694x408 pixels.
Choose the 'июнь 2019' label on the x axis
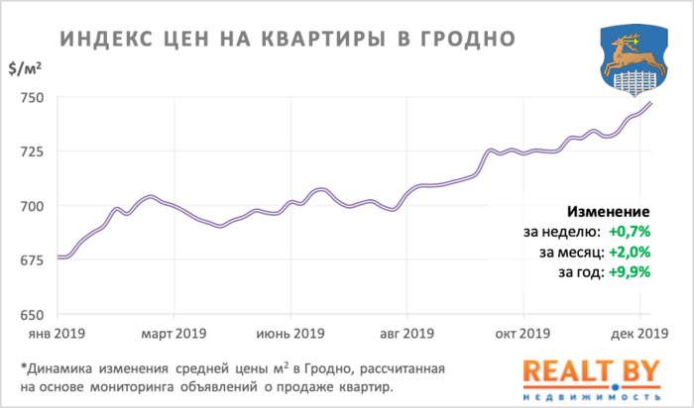(290, 333)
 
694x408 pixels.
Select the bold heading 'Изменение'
(608, 212)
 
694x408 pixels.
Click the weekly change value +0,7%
(628, 232)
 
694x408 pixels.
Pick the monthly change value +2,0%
(628, 252)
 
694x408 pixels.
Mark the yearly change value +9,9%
(628, 271)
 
